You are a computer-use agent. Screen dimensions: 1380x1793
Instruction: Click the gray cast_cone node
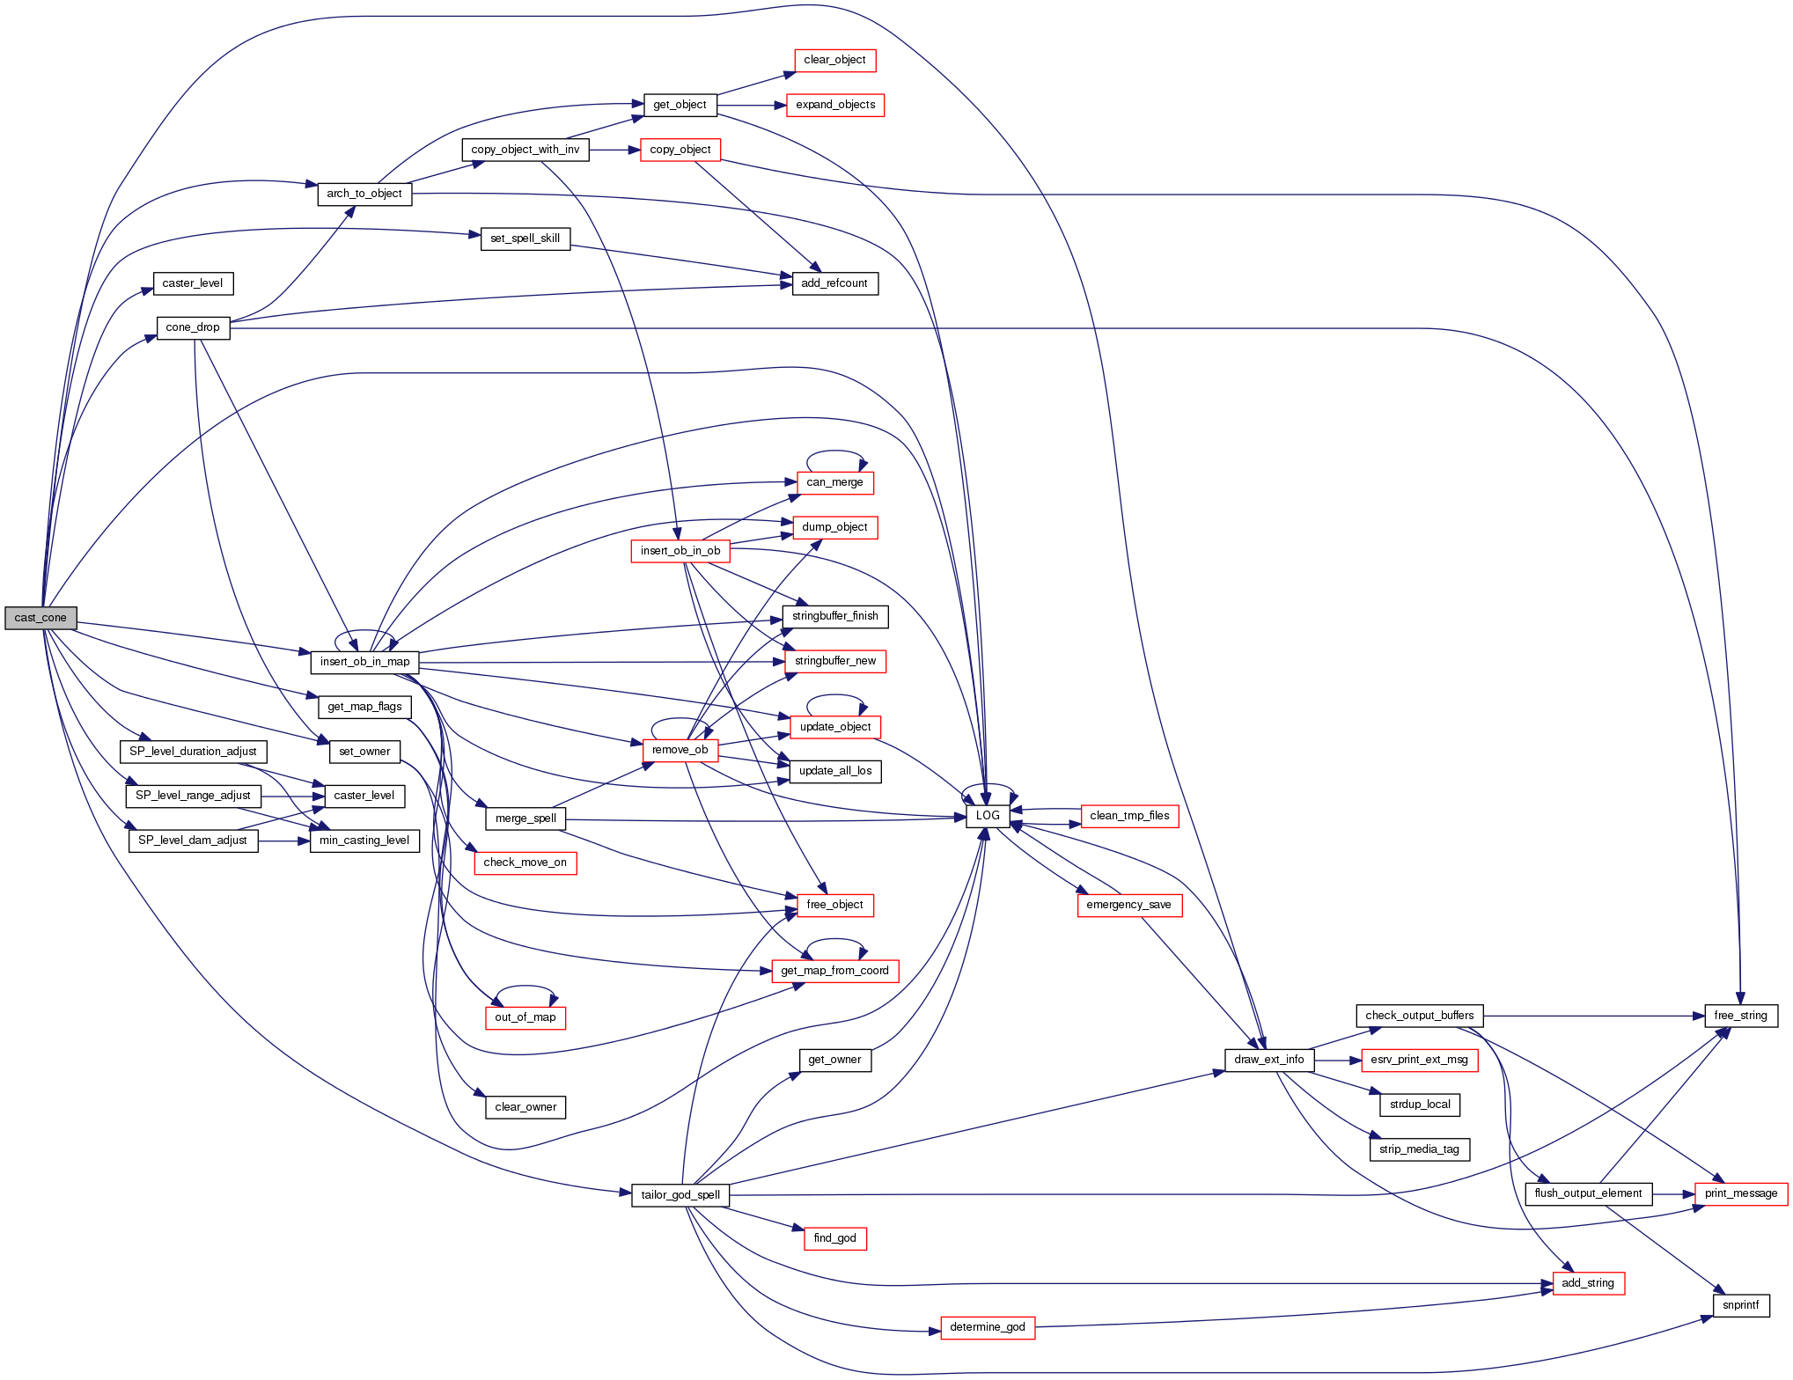pyautogui.click(x=40, y=618)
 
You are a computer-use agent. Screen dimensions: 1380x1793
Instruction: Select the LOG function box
pyautogui.click(x=988, y=816)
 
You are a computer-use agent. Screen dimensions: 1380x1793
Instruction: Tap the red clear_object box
pyautogui.click(x=834, y=61)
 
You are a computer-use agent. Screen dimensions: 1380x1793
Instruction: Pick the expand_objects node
pyautogui.click(x=834, y=106)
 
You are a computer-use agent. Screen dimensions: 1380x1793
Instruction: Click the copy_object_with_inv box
pyautogui.click(x=525, y=150)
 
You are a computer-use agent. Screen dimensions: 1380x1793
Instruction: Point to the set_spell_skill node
pyautogui.click(x=525, y=239)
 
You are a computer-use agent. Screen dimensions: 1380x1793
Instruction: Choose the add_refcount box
pyautogui.click(x=834, y=283)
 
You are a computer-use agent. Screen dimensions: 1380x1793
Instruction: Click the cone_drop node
pyautogui.click(x=193, y=327)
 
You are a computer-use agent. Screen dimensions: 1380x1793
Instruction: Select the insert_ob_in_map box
pyautogui.click(x=364, y=662)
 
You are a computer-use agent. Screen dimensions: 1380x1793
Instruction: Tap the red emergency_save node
pyautogui.click(x=1128, y=905)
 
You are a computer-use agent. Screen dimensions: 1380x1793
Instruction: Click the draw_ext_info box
pyautogui.click(x=1268, y=1060)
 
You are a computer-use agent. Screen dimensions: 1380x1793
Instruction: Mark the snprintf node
pyautogui.click(x=1740, y=1305)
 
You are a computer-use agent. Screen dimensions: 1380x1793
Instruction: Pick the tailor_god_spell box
pyautogui.click(x=680, y=1195)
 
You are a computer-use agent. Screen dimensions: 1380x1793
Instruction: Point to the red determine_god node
pyautogui.click(x=987, y=1327)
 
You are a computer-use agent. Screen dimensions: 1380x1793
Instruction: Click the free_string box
pyautogui.click(x=1740, y=1016)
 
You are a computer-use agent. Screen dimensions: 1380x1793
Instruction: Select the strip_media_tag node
pyautogui.click(x=1419, y=1149)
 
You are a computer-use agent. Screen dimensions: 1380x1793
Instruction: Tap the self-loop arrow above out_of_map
pyautogui.click(x=525, y=987)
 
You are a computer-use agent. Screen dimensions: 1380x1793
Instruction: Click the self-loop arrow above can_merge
pyautogui.click(x=835, y=451)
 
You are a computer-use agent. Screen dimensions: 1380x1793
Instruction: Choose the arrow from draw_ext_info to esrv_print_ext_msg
pyautogui.click(x=1337, y=1061)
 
